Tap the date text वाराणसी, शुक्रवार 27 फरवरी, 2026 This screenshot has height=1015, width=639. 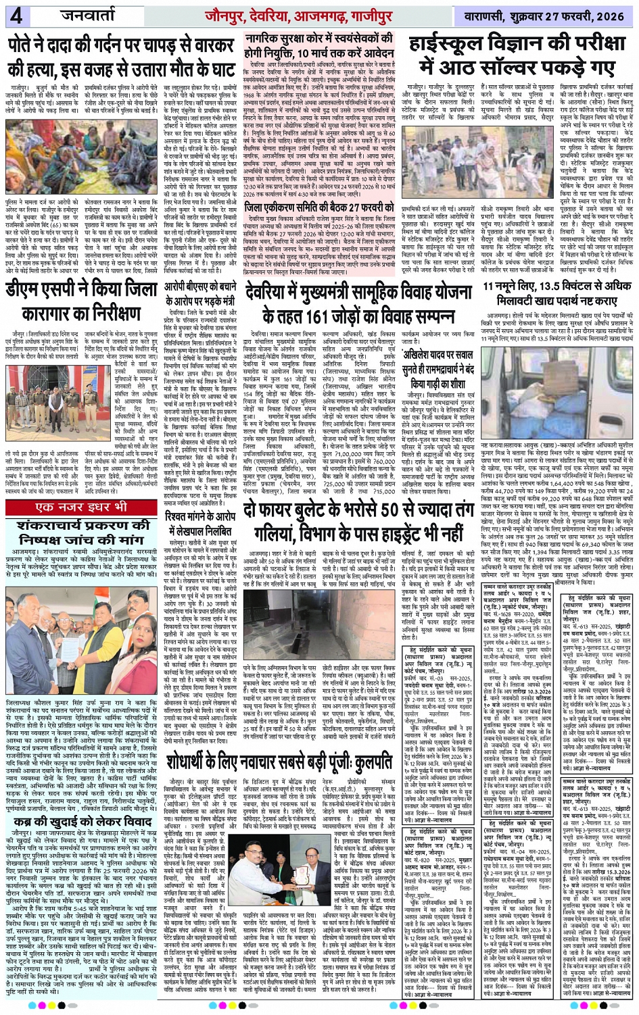coord(547,16)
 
